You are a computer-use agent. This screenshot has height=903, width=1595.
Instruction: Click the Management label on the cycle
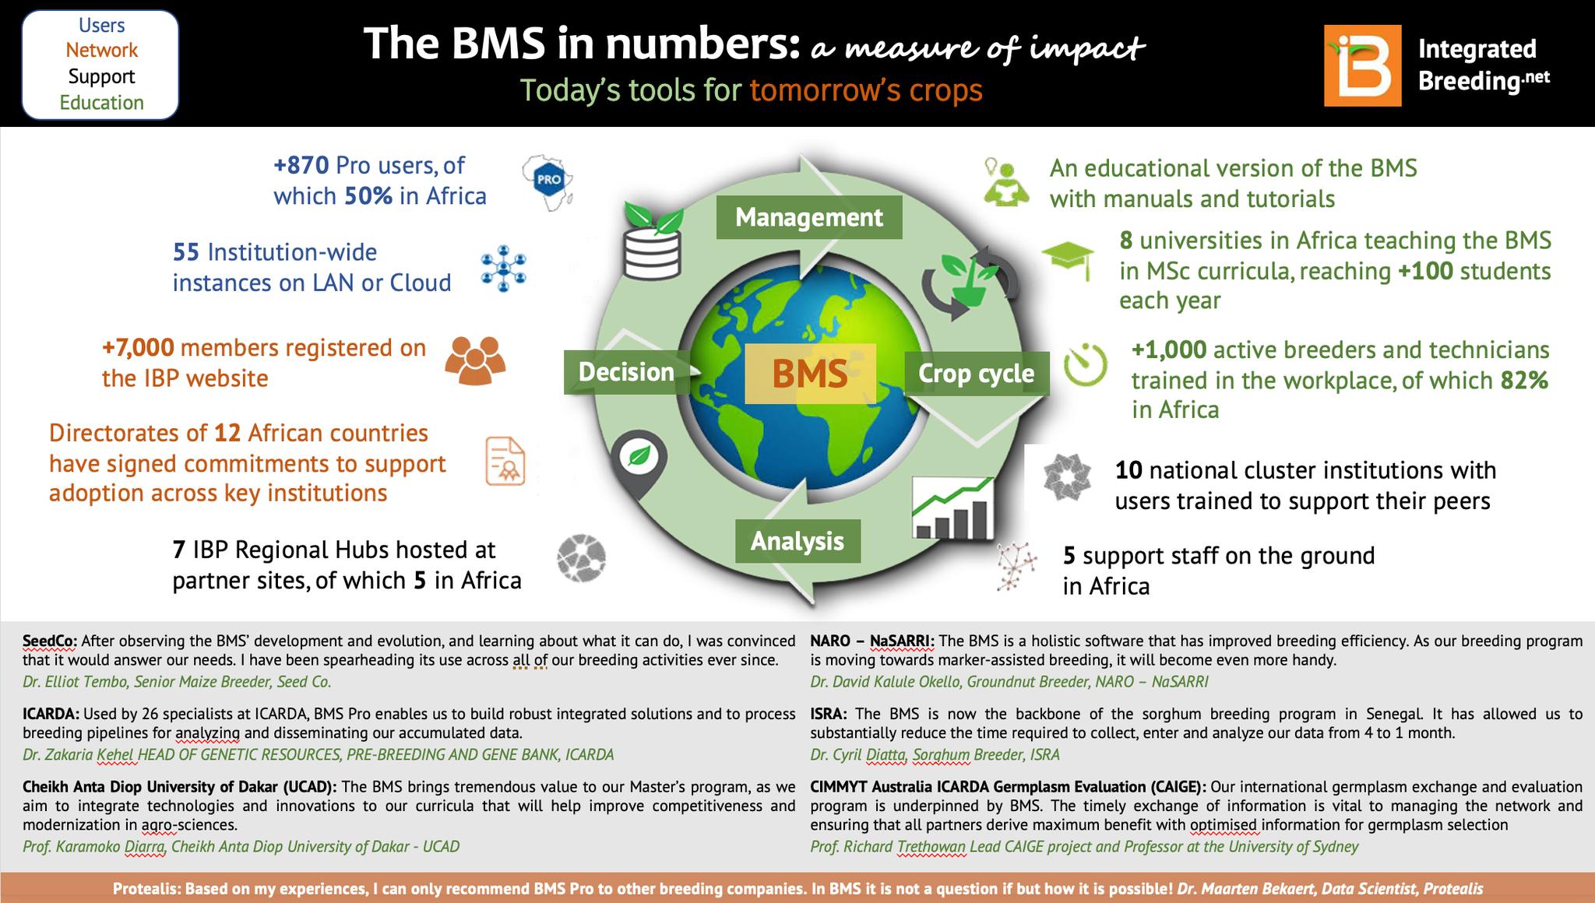(809, 217)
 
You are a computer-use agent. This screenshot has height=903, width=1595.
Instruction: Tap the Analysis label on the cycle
(798, 541)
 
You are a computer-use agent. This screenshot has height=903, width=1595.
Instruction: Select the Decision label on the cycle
(627, 372)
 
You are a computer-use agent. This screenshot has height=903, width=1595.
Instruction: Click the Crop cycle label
(977, 374)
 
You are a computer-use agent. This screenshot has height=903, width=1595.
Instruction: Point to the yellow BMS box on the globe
(811, 374)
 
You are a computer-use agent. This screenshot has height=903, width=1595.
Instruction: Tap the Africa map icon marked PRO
(548, 180)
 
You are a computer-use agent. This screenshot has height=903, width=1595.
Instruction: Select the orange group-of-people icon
(475, 360)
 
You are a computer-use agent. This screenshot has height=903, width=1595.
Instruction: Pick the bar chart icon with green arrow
(953, 508)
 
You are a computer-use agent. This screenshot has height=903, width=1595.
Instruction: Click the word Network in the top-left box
(101, 51)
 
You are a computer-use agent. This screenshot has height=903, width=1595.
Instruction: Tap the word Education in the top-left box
(101, 103)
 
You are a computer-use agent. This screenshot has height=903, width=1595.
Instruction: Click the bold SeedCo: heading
(50, 641)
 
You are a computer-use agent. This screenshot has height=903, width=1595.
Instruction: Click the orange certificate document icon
(505, 462)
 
